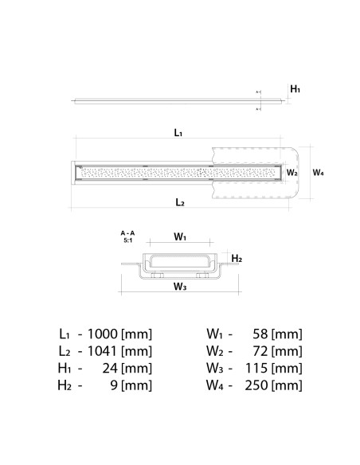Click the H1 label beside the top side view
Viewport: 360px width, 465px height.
[295, 89]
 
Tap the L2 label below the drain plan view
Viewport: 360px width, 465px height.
[180, 202]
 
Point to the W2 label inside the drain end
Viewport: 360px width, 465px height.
[292, 172]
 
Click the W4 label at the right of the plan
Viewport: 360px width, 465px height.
[318, 172]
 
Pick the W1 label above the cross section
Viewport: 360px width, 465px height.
[180, 236]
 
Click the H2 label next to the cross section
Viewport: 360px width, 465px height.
[237, 259]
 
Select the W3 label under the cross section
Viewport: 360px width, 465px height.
[179, 287]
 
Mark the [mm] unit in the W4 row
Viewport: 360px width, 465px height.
[287, 386]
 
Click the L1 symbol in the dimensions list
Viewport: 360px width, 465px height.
[65, 334]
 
